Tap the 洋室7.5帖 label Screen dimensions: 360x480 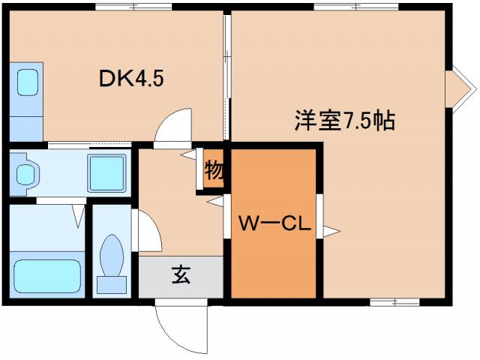[x=344, y=121]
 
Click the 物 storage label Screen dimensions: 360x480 [x=214, y=170]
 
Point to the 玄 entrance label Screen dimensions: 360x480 [x=181, y=275]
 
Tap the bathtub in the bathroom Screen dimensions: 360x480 [x=47, y=277]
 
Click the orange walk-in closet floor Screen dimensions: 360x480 [x=274, y=255]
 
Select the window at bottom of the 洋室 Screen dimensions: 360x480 [x=394, y=301]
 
